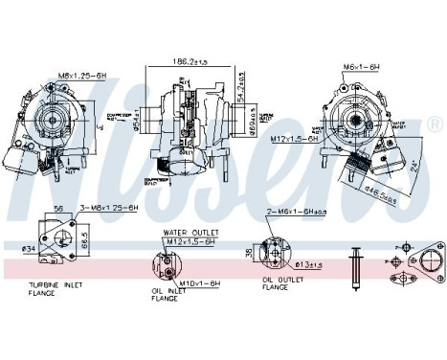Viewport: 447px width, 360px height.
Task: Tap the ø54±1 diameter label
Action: coord(139,123)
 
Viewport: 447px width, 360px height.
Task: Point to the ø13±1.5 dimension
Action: coord(310,263)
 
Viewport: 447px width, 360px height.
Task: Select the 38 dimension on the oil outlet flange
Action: coord(250,254)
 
